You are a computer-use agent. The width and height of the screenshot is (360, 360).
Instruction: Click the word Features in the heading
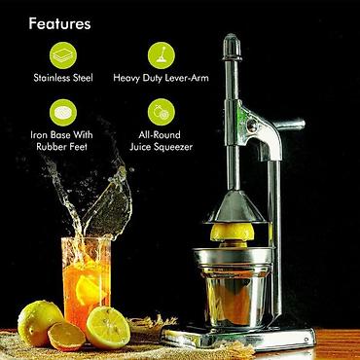[59, 23]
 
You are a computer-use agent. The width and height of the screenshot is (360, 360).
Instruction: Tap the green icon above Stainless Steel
[63, 55]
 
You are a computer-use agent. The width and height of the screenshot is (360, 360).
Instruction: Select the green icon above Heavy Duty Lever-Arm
[162, 55]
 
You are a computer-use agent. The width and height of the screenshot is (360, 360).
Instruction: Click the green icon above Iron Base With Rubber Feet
[63, 113]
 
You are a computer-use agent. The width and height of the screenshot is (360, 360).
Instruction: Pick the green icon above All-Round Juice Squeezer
[162, 113]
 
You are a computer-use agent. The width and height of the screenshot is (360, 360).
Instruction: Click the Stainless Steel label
[63, 78]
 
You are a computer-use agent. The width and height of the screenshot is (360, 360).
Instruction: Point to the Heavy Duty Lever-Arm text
[161, 78]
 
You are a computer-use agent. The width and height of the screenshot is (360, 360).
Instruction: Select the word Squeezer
[173, 147]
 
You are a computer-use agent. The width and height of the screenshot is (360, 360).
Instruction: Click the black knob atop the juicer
[233, 47]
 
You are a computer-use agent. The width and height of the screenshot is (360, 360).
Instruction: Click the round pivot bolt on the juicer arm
[252, 126]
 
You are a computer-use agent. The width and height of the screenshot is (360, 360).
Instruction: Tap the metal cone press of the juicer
[236, 206]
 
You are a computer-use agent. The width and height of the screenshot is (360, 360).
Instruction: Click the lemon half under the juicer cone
[233, 233]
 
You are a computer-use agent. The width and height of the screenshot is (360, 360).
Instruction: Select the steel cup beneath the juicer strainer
[235, 295]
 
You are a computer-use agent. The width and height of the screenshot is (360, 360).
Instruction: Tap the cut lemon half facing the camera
[108, 327]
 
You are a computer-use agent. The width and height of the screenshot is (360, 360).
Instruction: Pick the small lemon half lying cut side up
[66, 336]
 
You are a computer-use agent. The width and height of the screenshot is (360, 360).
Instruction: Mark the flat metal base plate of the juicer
[238, 338]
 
